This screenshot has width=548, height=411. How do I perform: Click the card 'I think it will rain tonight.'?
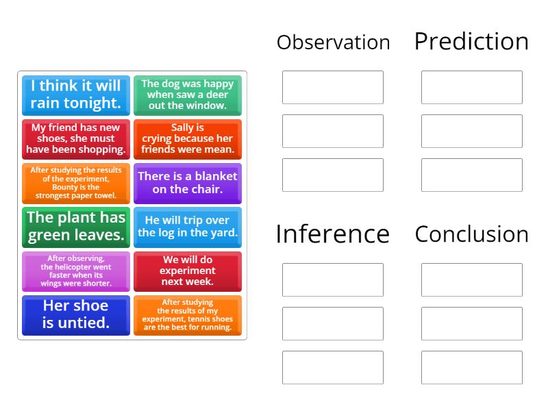[x=75, y=95]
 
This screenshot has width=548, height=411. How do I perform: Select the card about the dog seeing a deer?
[x=187, y=95]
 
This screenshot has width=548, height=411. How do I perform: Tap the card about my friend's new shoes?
[x=75, y=138]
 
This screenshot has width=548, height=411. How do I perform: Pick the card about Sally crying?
[x=187, y=138]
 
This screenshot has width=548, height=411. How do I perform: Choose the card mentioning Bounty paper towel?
[x=75, y=182]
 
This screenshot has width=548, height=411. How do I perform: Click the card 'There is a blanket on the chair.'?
[x=187, y=182]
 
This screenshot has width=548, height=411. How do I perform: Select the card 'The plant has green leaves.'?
[x=75, y=227]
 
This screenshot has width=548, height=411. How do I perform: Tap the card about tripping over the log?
[x=187, y=227]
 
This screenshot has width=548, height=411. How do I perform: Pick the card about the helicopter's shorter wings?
[x=75, y=271]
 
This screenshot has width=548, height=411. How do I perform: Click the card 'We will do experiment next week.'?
[x=187, y=271]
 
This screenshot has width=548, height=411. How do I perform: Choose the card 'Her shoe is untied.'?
[x=75, y=315]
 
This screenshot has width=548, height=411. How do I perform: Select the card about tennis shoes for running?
[x=187, y=315]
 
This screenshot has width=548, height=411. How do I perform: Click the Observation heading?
[x=333, y=42]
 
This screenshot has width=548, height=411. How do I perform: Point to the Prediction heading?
[x=471, y=42]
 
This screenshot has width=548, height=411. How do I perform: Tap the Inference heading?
[x=332, y=234]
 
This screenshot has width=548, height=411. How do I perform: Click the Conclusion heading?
[x=471, y=234]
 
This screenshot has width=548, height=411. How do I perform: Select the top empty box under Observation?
[x=332, y=87]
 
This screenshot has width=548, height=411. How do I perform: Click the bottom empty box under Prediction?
[x=471, y=175]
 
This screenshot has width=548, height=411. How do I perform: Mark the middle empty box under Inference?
[x=332, y=323]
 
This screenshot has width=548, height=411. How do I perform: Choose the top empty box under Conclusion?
[x=471, y=279]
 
